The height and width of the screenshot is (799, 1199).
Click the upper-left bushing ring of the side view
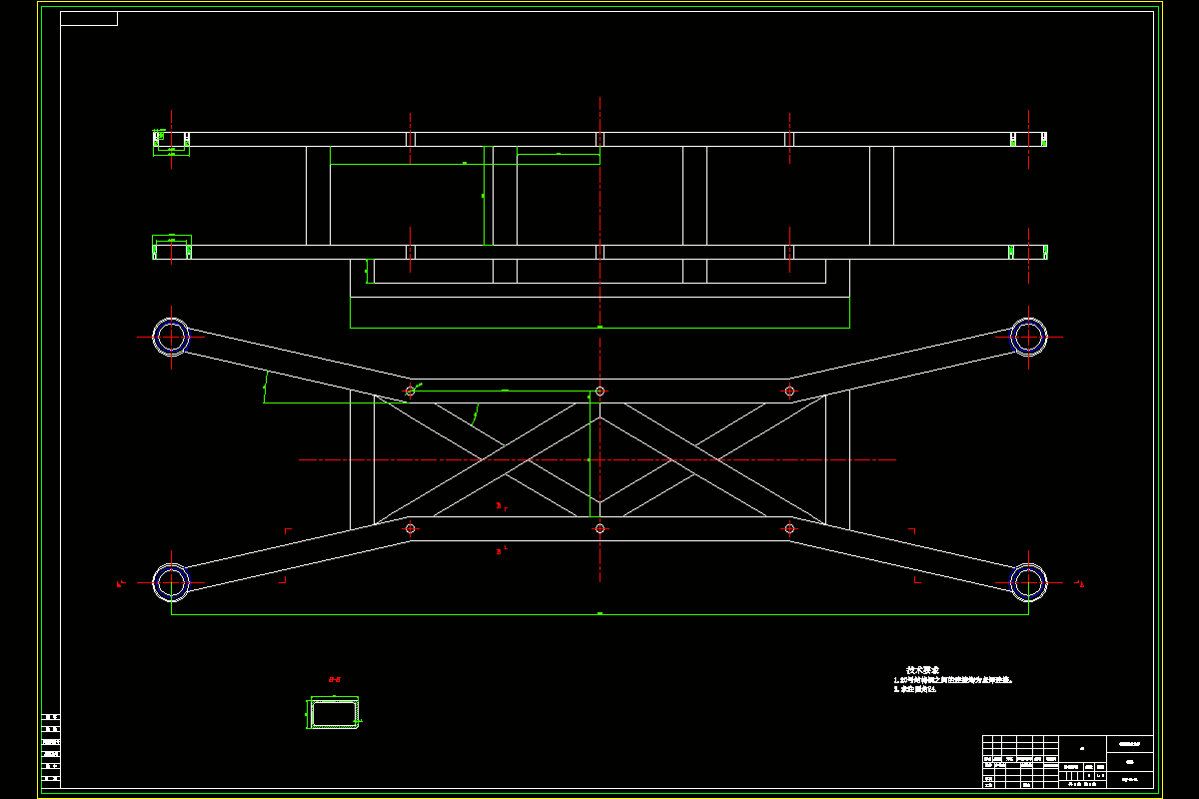pyautogui.click(x=171, y=337)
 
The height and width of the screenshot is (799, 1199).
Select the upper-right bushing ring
pyautogui.click(x=1028, y=337)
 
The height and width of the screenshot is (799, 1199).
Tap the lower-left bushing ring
pyautogui.click(x=171, y=581)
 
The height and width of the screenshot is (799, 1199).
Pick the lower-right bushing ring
pyautogui.click(x=1028, y=581)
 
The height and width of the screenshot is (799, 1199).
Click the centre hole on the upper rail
pyautogui.click(x=599, y=392)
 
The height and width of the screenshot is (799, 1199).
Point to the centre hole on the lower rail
pyautogui.click(x=599, y=527)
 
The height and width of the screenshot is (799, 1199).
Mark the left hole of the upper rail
pyautogui.click(x=410, y=391)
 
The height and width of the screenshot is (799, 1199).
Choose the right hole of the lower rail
pyautogui.click(x=789, y=527)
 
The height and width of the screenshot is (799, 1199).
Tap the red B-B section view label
pyautogui.click(x=335, y=679)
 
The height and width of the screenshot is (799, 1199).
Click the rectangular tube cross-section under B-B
pyautogui.click(x=334, y=713)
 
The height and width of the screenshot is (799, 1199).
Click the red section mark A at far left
pyautogui.click(x=119, y=583)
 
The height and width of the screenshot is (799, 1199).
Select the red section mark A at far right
pyautogui.click(x=1081, y=583)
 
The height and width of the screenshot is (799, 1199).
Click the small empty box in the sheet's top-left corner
pyautogui.click(x=89, y=18)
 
